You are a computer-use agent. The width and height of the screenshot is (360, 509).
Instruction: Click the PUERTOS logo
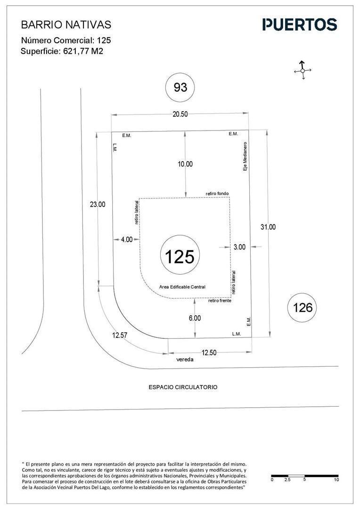tap(300, 25)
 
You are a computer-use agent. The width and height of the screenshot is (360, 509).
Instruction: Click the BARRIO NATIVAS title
tap(66, 25)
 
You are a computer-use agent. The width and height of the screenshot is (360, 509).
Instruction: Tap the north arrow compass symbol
tap(303, 70)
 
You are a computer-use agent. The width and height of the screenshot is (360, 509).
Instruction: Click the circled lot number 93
tap(180, 87)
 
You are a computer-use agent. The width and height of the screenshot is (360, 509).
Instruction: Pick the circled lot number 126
tap(303, 307)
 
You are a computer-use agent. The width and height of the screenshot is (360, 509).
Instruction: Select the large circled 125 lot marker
tap(180, 255)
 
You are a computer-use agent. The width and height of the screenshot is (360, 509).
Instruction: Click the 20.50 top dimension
tap(180, 114)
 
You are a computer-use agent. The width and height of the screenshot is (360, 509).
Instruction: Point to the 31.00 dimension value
tap(268, 227)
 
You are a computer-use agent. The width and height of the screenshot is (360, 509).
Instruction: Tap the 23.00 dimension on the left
tap(98, 205)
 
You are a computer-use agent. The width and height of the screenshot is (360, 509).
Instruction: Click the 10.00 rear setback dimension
tap(185, 164)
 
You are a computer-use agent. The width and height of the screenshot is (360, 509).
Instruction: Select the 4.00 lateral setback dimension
tap(127, 239)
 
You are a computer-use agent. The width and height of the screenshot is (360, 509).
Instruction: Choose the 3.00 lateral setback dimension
tap(239, 247)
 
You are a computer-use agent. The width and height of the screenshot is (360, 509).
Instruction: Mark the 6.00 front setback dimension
tap(195, 318)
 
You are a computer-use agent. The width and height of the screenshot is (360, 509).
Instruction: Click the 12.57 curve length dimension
tap(120, 336)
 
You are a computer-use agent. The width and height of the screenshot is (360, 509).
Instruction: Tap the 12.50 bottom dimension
tap(209, 353)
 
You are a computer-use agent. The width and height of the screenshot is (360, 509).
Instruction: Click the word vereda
tap(185, 360)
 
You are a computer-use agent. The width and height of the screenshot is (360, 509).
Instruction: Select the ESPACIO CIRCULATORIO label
tap(183, 387)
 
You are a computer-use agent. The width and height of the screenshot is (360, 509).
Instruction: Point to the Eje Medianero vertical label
tap(245, 157)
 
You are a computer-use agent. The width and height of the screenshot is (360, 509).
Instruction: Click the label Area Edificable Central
tap(182, 287)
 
